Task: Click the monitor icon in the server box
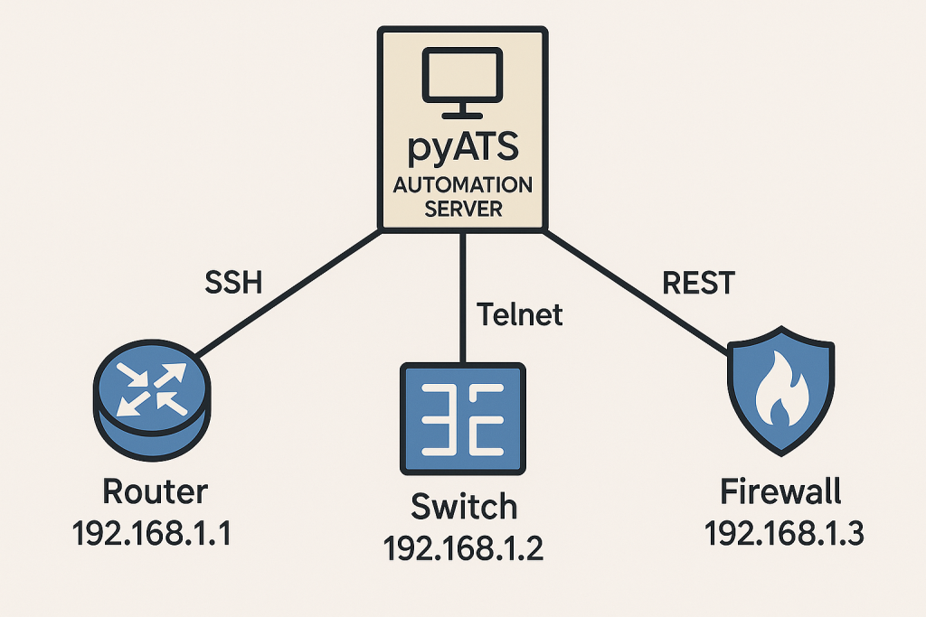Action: tap(462, 82)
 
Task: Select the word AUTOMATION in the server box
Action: tap(462, 185)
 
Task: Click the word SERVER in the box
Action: tap(462, 210)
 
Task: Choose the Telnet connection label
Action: tap(519, 314)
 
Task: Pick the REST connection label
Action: tap(698, 283)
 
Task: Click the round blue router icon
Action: tap(151, 398)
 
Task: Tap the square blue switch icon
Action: tap(463, 417)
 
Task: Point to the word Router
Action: tap(155, 492)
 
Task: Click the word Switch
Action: tap(464, 507)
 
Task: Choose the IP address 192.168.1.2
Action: tap(463, 547)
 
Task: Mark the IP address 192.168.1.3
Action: tap(783, 534)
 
